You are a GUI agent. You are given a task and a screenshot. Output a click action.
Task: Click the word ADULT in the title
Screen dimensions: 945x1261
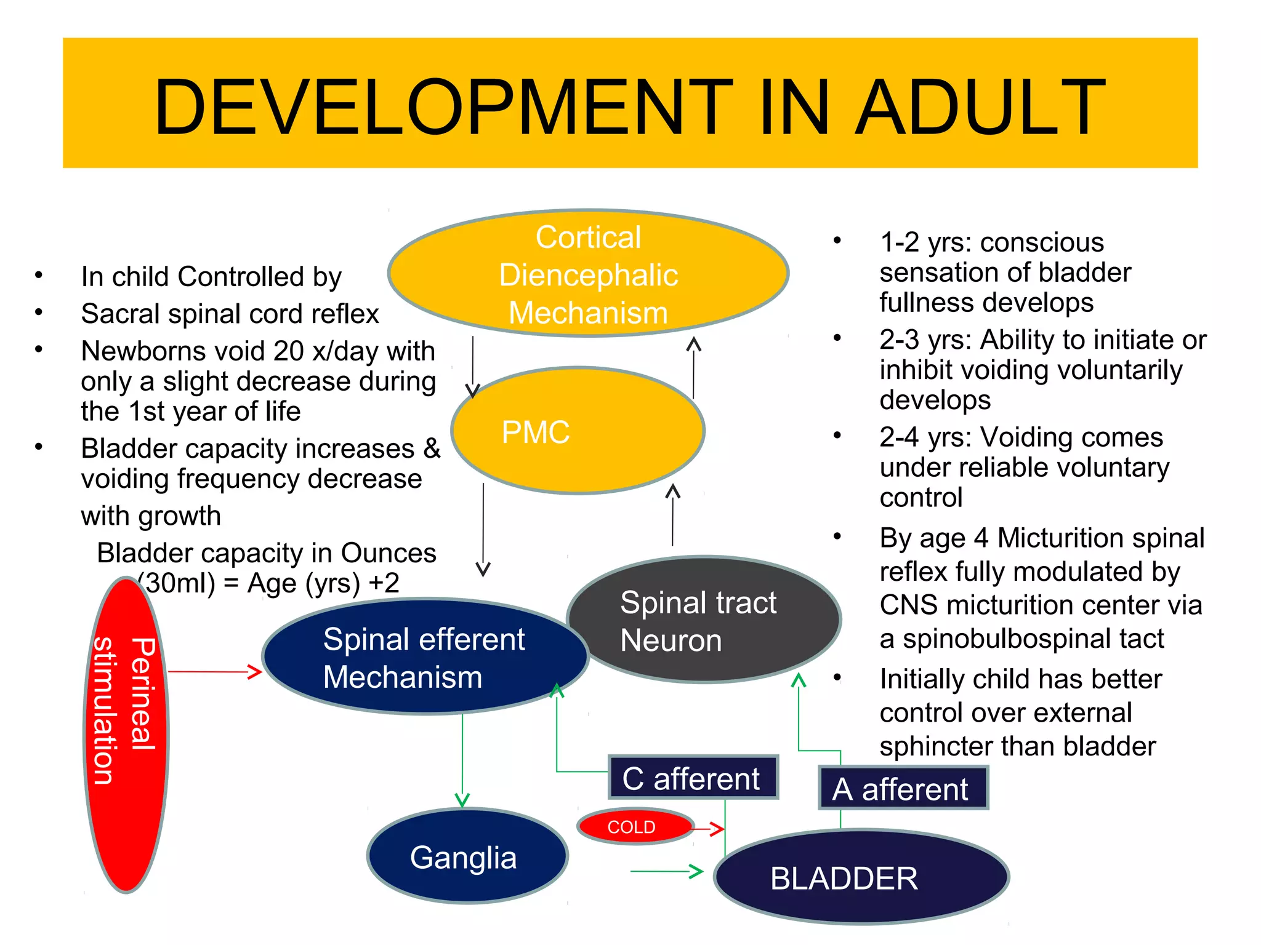click(x=980, y=107)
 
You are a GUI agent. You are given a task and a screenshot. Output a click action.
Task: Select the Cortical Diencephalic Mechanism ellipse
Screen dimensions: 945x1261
click(x=588, y=274)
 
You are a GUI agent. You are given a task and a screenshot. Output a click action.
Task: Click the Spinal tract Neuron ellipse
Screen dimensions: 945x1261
click(x=703, y=620)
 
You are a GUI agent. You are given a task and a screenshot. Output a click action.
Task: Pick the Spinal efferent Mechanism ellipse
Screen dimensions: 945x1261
click(x=424, y=657)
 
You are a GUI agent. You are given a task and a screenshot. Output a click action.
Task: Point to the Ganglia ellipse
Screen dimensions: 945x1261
click(x=467, y=856)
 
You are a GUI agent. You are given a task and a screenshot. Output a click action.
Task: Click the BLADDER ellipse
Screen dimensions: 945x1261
click(x=861, y=877)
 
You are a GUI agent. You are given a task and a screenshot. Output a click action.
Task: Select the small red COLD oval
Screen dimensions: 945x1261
click(x=634, y=826)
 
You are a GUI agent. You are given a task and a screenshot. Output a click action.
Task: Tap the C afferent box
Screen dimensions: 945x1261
click(x=692, y=778)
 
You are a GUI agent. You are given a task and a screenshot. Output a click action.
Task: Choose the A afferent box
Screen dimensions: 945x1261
click(x=901, y=789)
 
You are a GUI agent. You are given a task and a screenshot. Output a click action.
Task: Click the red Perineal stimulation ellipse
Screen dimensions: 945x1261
click(x=126, y=735)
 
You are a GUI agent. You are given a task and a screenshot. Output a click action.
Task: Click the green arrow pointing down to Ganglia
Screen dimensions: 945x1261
click(x=462, y=763)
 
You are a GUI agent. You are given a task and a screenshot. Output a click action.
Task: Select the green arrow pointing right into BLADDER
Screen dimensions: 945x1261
click(x=667, y=871)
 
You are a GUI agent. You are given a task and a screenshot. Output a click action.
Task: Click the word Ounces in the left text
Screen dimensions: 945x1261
click(x=388, y=553)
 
